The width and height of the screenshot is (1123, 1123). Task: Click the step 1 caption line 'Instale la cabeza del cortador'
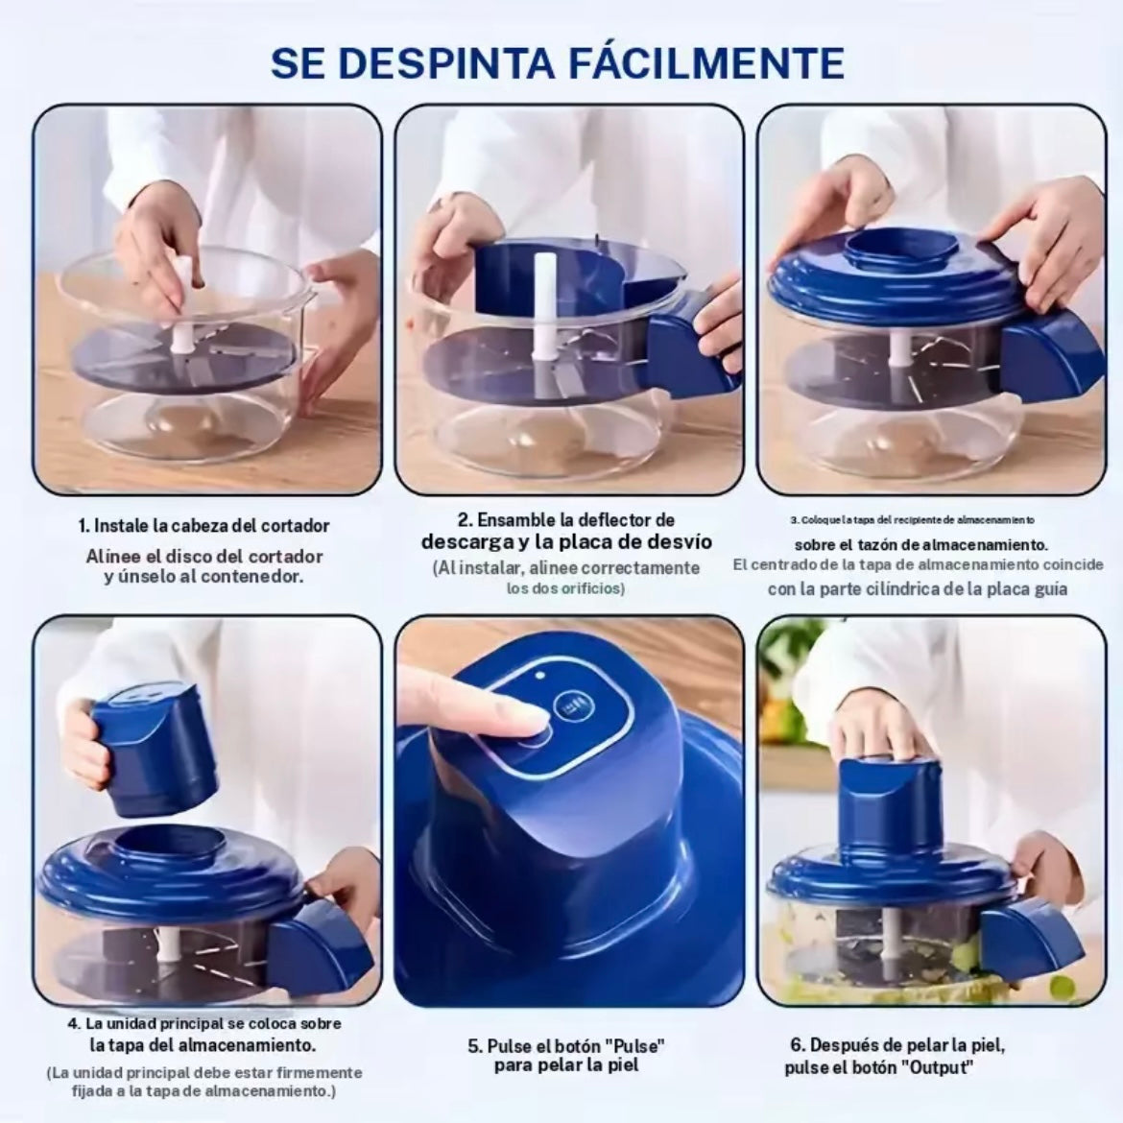(x=204, y=525)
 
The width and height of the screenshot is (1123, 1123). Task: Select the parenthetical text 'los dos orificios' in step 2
(x=565, y=587)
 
